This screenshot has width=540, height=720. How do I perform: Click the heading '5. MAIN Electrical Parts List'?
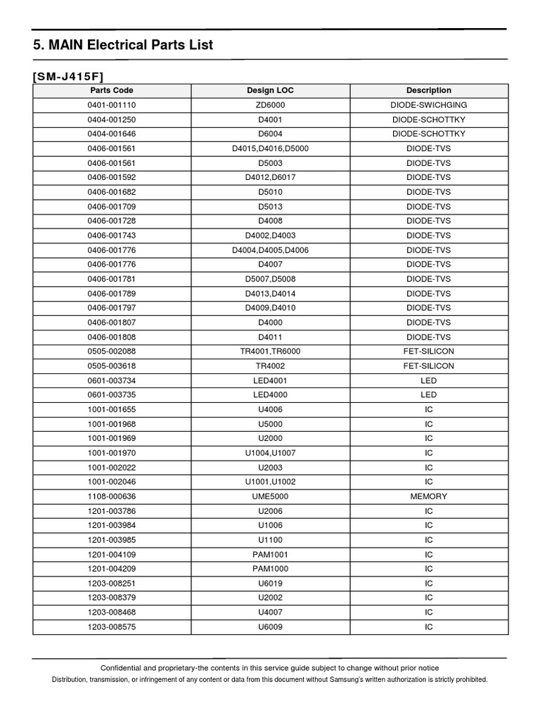click(123, 46)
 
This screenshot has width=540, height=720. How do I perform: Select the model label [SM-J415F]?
click(69, 76)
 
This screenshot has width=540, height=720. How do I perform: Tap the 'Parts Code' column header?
click(111, 91)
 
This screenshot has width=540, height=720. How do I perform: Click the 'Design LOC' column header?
click(271, 91)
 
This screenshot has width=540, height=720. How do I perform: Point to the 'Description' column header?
click(429, 91)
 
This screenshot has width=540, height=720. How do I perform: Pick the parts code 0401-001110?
click(111, 105)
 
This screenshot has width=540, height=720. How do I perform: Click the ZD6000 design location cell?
click(271, 105)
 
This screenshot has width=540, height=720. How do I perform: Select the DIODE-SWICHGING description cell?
click(429, 105)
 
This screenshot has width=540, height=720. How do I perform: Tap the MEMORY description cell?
click(429, 496)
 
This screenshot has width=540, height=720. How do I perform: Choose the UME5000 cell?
click(271, 496)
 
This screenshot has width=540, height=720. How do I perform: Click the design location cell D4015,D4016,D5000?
click(271, 148)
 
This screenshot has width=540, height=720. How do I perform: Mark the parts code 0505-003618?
click(111, 366)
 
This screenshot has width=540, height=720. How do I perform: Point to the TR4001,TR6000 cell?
click(271, 352)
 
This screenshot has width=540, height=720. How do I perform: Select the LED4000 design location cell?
click(271, 395)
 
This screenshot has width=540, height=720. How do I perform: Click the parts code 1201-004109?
click(111, 554)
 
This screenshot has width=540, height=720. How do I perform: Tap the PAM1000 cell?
click(271, 569)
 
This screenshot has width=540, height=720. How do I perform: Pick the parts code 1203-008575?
click(111, 626)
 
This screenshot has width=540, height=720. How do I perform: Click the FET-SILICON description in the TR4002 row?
click(429, 366)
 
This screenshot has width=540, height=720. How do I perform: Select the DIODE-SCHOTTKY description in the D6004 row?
click(429, 134)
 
